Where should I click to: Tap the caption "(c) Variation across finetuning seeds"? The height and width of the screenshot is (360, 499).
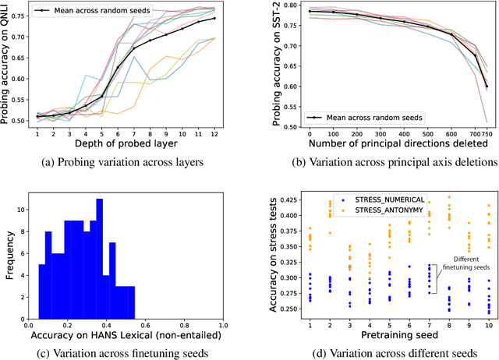(129, 351)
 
